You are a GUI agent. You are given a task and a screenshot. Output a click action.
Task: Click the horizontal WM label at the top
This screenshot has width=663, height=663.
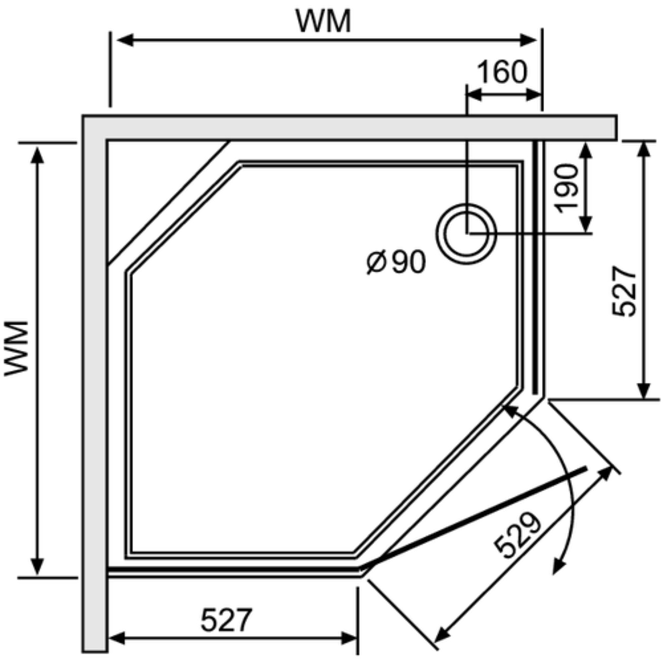point(324,21)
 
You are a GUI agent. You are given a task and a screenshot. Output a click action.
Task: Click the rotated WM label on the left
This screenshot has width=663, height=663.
point(16,348)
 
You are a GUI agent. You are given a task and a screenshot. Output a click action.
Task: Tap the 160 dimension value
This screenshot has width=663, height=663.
point(502,72)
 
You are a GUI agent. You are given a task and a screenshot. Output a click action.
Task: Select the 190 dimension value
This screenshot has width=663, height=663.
point(566,188)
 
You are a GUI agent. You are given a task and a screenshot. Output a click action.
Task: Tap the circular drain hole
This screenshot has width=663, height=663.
point(466,234)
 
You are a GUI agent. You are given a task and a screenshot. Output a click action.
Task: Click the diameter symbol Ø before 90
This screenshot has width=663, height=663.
point(377,263)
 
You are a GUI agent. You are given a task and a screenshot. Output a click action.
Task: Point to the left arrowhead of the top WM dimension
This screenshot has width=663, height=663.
point(125,40)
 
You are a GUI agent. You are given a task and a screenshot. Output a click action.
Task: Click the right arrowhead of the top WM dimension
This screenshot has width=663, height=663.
point(528,40)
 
